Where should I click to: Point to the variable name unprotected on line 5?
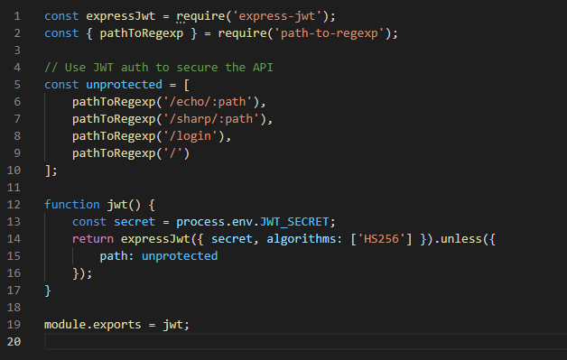pyautogui.click(x=122, y=84)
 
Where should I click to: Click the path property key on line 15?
pyautogui.click(x=115, y=255)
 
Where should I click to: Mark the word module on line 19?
pyautogui.click(x=66, y=324)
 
